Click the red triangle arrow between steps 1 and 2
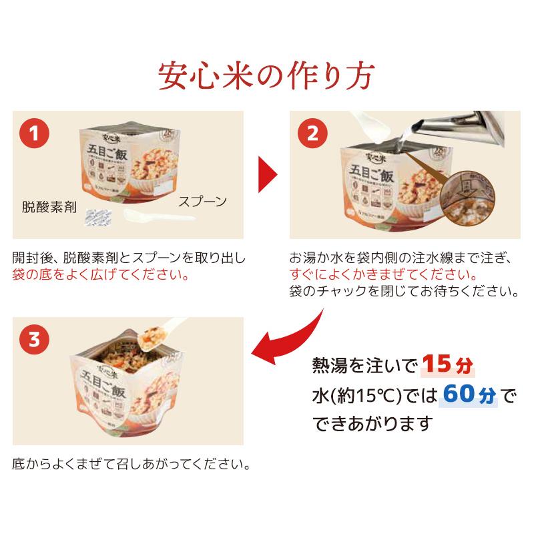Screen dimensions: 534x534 click(267, 175)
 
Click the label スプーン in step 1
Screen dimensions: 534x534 click(202, 201)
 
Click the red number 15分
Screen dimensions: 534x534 click(448, 365)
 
